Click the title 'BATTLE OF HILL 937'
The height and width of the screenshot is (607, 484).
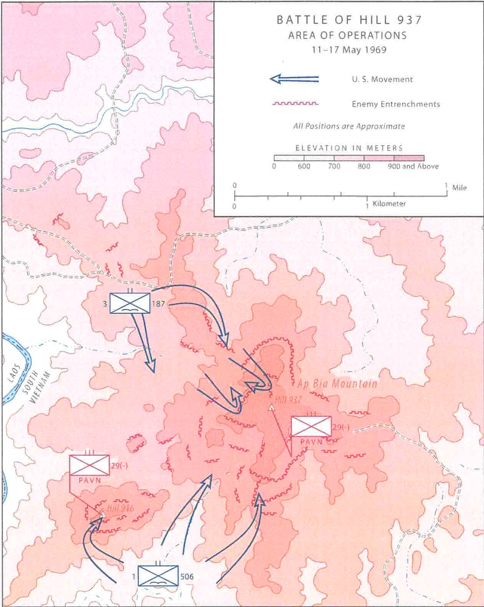(349, 20)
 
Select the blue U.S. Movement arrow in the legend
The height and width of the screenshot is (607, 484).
(294, 79)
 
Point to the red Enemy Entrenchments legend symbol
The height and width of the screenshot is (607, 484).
(295, 104)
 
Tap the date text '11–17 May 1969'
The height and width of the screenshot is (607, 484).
(349, 50)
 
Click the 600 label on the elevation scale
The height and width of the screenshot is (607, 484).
(304, 166)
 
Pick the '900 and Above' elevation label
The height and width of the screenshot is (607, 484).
(413, 166)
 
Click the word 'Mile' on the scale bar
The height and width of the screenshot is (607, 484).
(459, 188)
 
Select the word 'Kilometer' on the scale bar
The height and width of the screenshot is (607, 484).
(389, 203)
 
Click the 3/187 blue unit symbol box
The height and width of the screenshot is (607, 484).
(130, 303)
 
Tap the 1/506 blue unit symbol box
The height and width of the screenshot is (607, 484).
(158, 576)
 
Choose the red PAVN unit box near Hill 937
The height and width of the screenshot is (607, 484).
(311, 427)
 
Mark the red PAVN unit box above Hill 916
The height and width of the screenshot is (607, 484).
(89, 465)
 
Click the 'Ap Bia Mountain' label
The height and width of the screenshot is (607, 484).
(337, 384)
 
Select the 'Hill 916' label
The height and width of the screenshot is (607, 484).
(120, 508)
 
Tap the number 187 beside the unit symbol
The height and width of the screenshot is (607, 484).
(158, 304)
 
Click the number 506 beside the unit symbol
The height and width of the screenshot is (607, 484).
(187, 576)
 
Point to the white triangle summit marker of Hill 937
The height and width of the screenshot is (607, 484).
(272, 407)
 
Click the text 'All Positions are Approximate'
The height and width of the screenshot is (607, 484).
(349, 126)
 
